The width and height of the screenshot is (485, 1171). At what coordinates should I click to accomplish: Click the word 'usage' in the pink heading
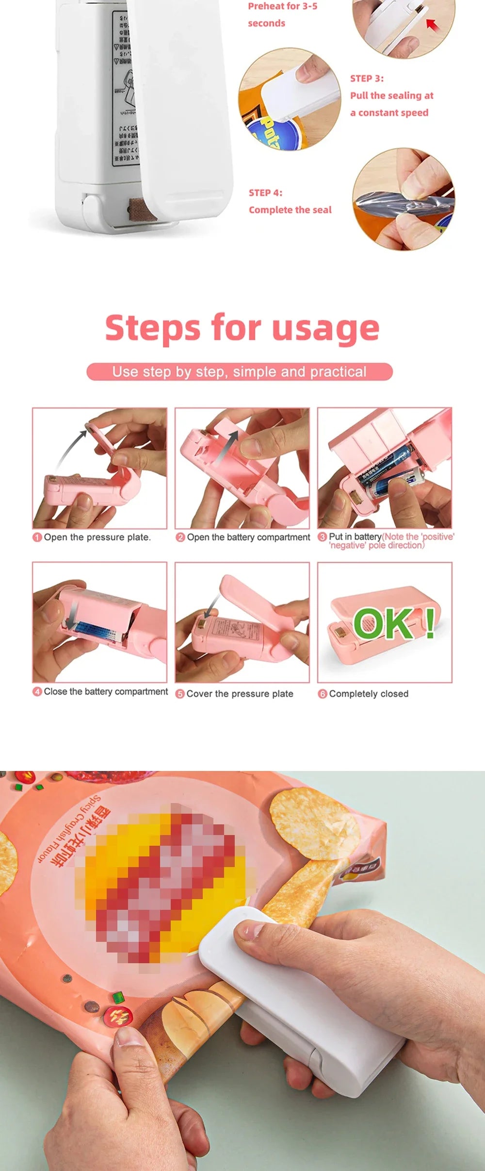pyautogui.click(x=325, y=329)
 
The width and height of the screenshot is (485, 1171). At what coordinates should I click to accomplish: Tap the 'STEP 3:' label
pyautogui.click(x=367, y=79)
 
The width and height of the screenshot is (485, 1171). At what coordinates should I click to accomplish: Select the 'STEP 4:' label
pyautogui.click(x=265, y=193)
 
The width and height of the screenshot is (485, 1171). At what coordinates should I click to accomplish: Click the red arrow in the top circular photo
pyautogui.click(x=432, y=25)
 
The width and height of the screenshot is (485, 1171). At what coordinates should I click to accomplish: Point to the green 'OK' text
pyautogui.click(x=384, y=623)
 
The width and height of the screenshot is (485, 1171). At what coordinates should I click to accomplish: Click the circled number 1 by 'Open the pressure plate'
pyautogui.click(x=37, y=537)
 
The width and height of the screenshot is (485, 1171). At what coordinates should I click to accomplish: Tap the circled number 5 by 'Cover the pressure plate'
pyautogui.click(x=180, y=694)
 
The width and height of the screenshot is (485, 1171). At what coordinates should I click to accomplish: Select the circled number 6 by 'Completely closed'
pyautogui.click(x=323, y=694)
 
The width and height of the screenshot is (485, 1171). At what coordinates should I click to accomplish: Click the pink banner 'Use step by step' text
pyautogui.click(x=239, y=372)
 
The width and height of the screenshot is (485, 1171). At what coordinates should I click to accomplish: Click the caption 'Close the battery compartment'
pyautogui.click(x=106, y=691)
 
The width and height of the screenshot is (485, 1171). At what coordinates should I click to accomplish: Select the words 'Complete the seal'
pyautogui.click(x=290, y=210)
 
